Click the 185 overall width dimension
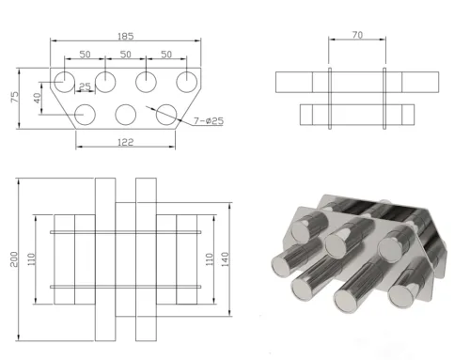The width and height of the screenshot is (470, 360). [x=124, y=37]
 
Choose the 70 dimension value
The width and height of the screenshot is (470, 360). [x=356, y=36]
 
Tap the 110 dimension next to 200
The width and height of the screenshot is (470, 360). [x=34, y=258]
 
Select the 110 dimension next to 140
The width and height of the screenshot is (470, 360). [x=209, y=258]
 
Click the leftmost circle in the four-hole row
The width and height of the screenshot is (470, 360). [x=64, y=80]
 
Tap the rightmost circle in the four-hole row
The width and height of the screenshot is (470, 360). [x=187, y=80]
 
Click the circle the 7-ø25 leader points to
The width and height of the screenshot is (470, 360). [x=167, y=115]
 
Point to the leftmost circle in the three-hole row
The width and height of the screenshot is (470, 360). [x=85, y=115]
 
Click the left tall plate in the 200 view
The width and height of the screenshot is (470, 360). [x=103, y=259]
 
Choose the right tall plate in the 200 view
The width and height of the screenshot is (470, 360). [x=145, y=259]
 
